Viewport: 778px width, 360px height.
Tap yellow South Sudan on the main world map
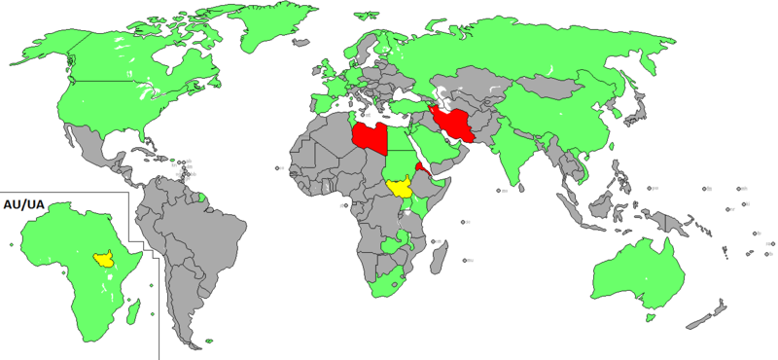point(398,186)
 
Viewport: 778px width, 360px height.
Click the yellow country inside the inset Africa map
point(101,260)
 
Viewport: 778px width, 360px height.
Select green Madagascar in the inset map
point(135,310)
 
